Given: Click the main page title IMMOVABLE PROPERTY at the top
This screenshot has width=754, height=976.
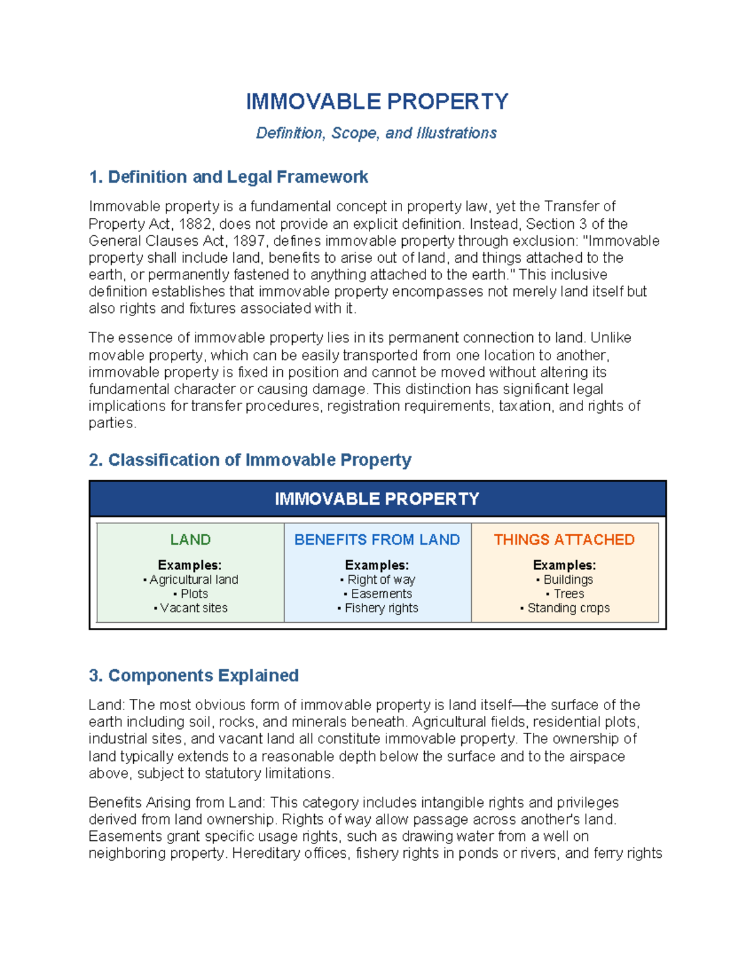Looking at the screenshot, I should click(x=377, y=101).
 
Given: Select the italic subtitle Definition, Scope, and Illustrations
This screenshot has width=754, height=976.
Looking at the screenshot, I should click(x=376, y=133).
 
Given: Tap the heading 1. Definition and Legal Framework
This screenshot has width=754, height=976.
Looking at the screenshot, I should click(x=229, y=177).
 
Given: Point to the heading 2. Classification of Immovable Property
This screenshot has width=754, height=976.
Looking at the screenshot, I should click(x=250, y=460).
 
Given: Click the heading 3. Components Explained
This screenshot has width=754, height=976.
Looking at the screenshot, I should click(x=194, y=676).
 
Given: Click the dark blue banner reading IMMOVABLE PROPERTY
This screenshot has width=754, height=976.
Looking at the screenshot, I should click(x=377, y=499).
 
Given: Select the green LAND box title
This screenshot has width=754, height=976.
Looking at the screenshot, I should click(x=190, y=540).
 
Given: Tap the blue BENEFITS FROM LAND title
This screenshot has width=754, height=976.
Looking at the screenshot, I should click(x=377, y=540).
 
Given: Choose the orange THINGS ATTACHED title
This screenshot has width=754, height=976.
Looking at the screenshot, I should click(x=564, y=540).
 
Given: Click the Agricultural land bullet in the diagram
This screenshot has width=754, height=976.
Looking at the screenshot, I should click(x=194, y=580).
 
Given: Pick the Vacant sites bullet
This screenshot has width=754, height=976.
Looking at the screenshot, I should click(x=194, y=608).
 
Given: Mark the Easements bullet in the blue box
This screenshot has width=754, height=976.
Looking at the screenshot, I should click(x=381, y=594).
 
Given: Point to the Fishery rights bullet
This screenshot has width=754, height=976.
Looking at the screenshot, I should click(x=381, y=608).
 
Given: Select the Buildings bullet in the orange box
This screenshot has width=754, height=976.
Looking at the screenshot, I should click(x=568, y=580).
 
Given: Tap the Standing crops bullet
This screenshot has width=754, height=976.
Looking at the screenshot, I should click(x=568, y=608).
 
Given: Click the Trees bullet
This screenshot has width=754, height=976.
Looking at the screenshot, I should click(x=568, y=594).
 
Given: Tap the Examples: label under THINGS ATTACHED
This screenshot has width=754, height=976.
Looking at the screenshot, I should click(x=564, y=565).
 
